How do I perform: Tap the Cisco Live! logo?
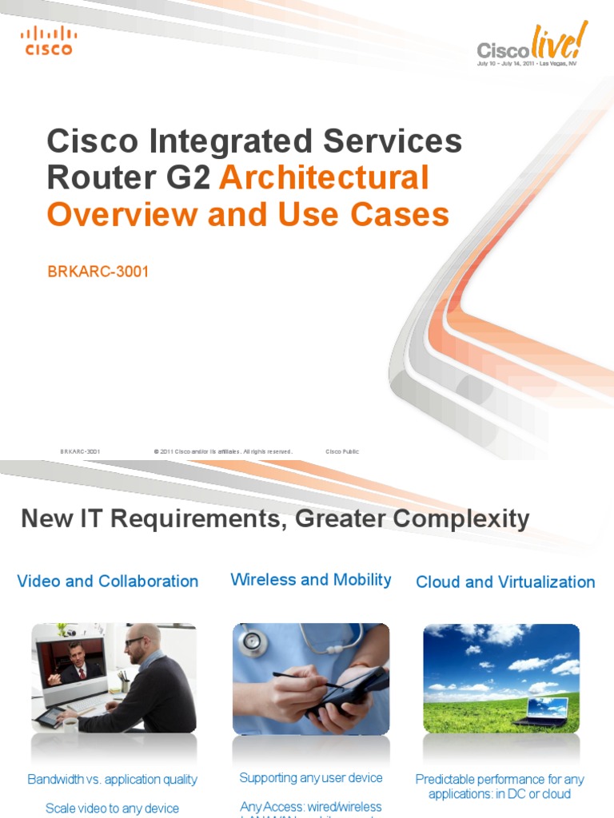(532, 46)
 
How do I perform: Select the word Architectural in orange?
(325, 177)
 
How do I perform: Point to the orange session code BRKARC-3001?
(98, 272)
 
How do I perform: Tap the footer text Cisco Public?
(342, 451)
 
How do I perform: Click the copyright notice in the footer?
(223, 451)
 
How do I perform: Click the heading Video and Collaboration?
(108, 582)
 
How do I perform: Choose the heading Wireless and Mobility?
(311, 580)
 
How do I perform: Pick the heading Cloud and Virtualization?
(505, 582)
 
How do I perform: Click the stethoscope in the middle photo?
(254, 639)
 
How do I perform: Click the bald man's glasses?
(135, 641)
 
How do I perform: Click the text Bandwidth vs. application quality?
(113, 780)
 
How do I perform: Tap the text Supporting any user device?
(311, 778)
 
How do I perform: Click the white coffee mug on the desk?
(70, 725)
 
